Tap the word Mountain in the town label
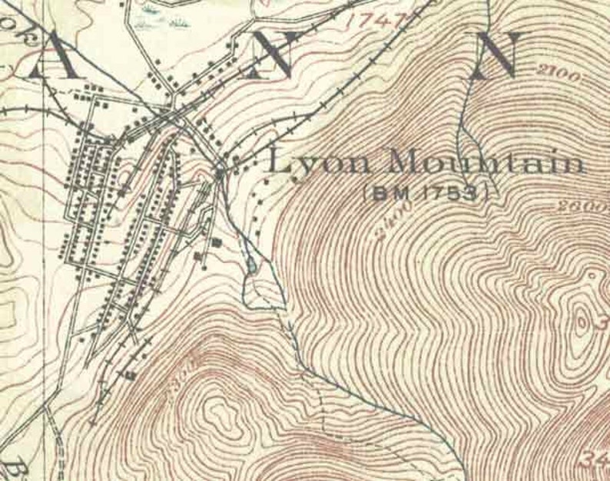click(486, 162)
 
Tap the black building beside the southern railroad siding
click(130, 375)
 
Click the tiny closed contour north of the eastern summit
click(591, 274)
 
